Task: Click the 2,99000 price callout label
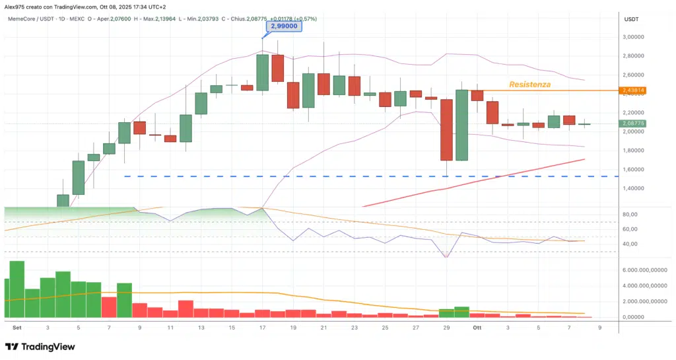[283, 26]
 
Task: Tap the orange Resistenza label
[529, 85]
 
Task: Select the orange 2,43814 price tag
[632, 90]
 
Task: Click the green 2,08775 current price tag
[632, 124]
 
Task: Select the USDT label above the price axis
[631, 19]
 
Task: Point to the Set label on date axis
[17, 327]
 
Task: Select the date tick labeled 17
[262, 327]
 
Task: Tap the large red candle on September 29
[447, 129]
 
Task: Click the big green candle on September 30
[461, 125]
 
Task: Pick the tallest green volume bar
[17, 289]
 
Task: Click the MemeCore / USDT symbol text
[30, 19]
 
